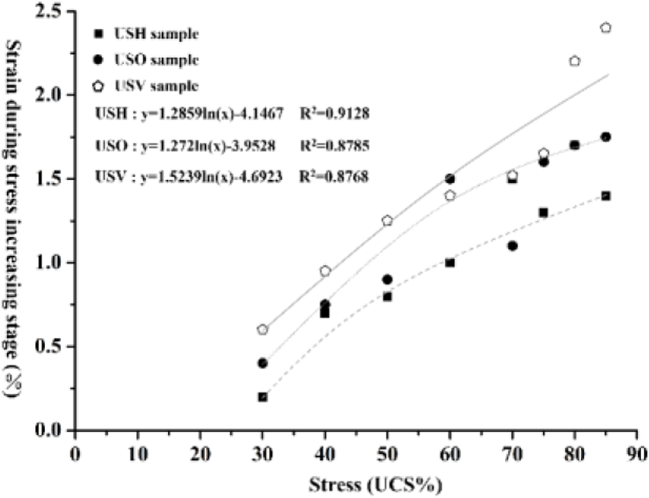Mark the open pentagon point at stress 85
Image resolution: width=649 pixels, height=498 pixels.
(x=605, y=27)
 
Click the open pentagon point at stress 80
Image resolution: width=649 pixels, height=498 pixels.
(x=574, y=61)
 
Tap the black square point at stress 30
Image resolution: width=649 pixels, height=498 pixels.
(x=262, y=397)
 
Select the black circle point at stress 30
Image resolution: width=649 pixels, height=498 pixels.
(x=262, y=363)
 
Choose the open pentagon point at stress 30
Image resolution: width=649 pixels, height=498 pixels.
(x=262, y=329)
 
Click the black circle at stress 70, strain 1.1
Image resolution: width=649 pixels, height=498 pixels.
(x=512, y=245)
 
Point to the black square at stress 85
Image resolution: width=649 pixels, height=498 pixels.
(x=605, y=196)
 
